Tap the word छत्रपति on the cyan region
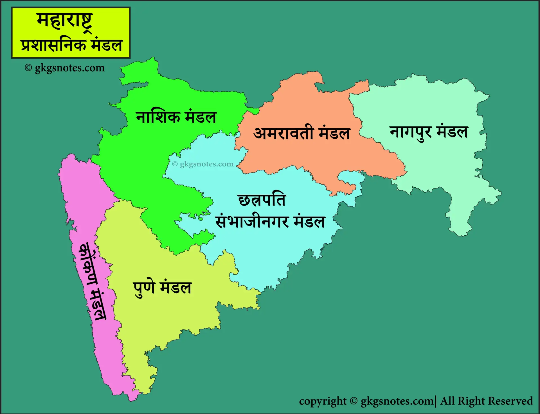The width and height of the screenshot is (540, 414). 262,200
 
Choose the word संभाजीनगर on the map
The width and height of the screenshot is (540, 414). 252,221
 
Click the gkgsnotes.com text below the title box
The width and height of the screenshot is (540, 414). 69,68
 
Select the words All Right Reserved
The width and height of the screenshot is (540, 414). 486,401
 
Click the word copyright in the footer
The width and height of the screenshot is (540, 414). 323,401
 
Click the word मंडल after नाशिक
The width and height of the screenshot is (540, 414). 201,117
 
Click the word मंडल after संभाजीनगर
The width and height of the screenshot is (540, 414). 309,221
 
